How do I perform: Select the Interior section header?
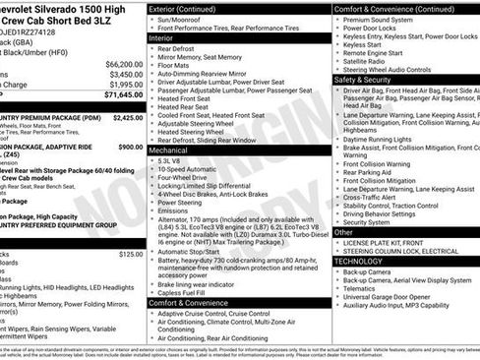click(166, 37)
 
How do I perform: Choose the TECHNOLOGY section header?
click(365, 262)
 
